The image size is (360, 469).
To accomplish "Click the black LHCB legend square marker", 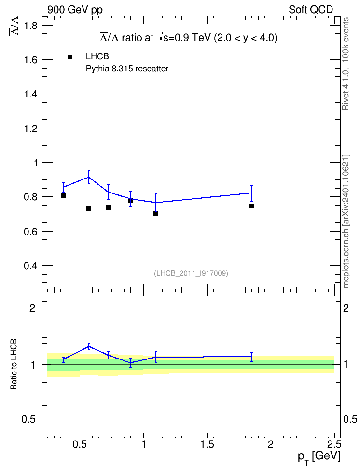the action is [70, 57].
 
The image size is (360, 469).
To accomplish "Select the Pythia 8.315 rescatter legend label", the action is [127, 69].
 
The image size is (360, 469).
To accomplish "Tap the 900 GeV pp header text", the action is [75, 10].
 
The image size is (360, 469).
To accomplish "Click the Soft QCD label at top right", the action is [311, 10].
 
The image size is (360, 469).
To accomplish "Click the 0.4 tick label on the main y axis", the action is [30, 265].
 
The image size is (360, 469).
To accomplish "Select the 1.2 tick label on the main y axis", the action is [30, 129].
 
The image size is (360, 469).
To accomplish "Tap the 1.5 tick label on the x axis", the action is [207, 444].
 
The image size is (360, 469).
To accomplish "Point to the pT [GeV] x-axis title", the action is [319, 457].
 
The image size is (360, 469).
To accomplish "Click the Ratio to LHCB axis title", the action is [14, 364].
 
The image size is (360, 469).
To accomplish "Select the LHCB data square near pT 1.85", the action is [251, 206].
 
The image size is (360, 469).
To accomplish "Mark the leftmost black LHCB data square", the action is [63, 195].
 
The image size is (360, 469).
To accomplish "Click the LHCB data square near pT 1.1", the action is [156, 214].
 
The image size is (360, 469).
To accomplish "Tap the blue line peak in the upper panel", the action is [89, 177].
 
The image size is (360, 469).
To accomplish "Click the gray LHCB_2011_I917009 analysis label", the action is [191, 273].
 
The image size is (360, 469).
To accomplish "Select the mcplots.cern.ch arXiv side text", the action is [346, 221].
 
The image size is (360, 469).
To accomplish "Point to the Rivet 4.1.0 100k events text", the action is [346, 64].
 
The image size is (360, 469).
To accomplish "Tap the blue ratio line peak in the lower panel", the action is [89, 346].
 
